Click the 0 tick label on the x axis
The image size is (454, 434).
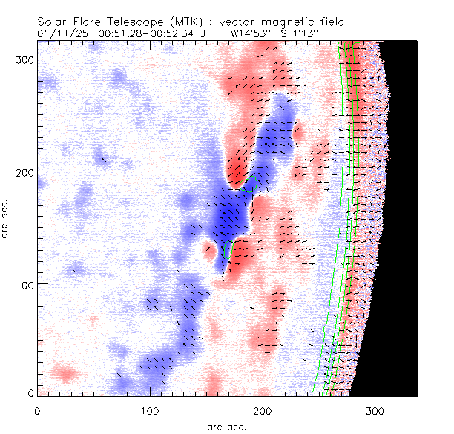click(x=37, y=410)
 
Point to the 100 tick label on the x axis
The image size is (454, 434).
click(x=150, y=410)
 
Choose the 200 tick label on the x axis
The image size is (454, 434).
click(x=263, y=410)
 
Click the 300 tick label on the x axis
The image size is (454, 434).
click(x=375, y=410)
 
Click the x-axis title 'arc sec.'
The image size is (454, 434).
click(x=227, y=427)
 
